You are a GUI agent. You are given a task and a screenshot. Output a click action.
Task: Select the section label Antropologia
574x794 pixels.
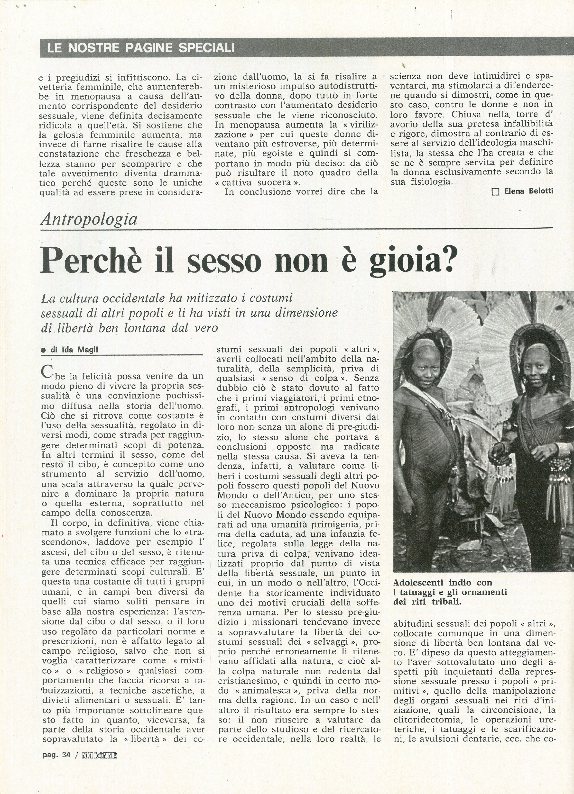[89, 219]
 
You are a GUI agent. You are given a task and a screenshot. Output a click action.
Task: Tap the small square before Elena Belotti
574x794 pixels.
[496, 192]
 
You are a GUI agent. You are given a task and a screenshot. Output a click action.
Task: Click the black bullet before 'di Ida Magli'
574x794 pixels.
[44, 350]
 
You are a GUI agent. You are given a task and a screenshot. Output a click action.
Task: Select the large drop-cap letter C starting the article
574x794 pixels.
[46, 371]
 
